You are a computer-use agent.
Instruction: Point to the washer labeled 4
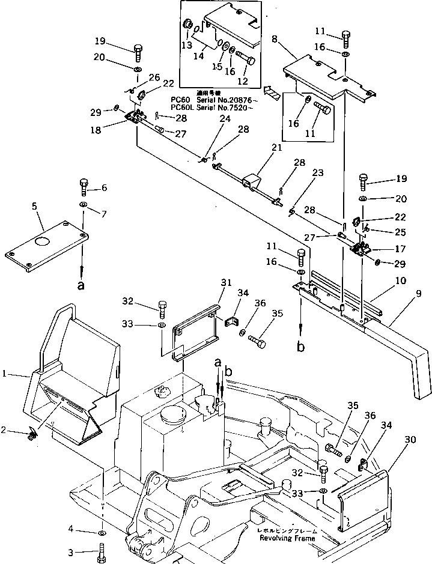102,532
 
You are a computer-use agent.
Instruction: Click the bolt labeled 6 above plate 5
84,187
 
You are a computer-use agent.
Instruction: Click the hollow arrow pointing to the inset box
274,92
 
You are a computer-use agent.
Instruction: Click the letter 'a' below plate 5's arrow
81,286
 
